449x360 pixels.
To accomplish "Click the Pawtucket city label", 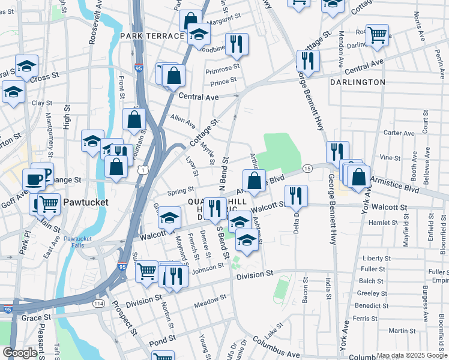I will (x=86, y=202).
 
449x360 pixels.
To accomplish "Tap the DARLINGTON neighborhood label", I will (x=357, y=82).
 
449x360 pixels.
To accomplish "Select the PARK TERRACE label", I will (x=151, y=36).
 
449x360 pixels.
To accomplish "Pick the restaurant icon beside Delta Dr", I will (x=296, y=196).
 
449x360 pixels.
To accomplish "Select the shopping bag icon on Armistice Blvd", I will (x=254, y=181).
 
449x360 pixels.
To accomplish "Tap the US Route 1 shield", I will (x=142, y=171).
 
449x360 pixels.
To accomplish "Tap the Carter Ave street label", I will (x=399, y=133).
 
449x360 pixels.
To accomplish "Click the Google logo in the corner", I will (x=20, y=353).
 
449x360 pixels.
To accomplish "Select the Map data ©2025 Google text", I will (x=412, y=355).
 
